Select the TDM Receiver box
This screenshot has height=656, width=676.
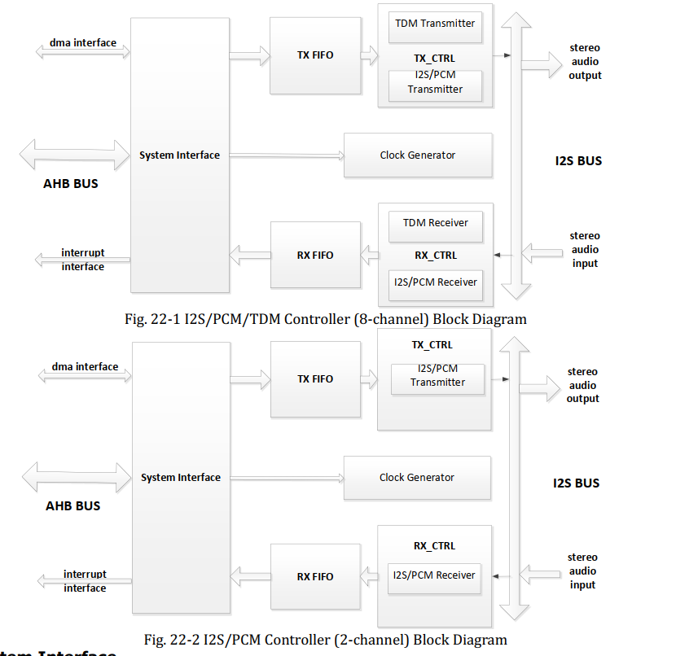coord(436,223)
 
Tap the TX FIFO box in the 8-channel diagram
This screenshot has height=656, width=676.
coord(314,55)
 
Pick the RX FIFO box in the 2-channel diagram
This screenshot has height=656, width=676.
coord(314,576)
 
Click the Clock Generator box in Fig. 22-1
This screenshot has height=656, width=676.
coord(417,155)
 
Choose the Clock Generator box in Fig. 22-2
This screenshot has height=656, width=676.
coord(416,478)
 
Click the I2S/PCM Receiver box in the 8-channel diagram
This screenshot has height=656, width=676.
coord(436,283)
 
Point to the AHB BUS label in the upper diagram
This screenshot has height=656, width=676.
coord(71,184)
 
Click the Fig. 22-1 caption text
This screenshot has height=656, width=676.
coord(325,319)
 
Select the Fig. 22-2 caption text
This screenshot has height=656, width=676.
coord(325,640)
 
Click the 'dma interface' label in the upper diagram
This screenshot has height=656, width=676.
coord(83,42)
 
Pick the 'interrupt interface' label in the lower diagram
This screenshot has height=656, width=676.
coord(85,581)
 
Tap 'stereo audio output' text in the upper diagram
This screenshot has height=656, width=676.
coord(585,62)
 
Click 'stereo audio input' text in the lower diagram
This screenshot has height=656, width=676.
coord(582,571)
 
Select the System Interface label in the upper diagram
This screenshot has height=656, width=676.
coord(179,155)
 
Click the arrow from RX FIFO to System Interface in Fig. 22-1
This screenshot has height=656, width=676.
coord(250,256)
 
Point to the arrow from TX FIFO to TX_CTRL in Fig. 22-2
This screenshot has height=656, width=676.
coord(370,378)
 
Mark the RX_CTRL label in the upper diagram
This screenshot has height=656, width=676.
coord(436,256)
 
